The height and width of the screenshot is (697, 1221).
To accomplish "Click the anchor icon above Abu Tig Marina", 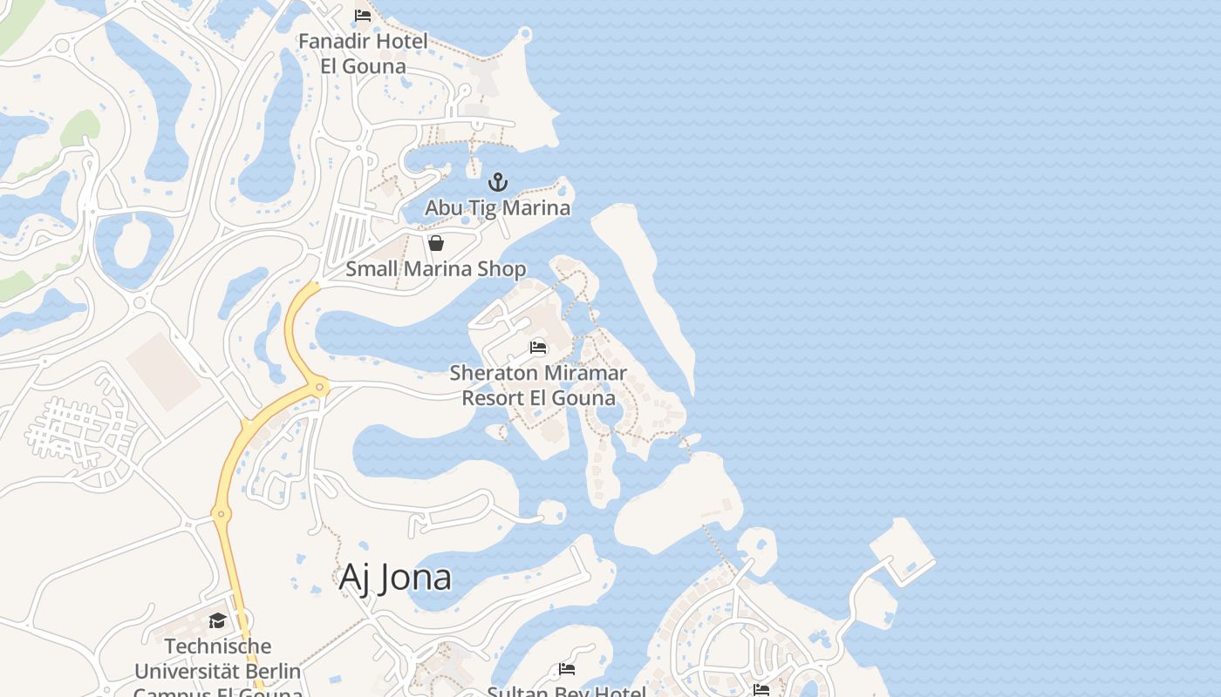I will click(x=497, y=182).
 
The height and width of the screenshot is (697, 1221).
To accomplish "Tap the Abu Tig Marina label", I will click(x=497, y=207).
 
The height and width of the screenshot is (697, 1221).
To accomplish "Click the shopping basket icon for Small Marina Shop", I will click(x=436, y=243).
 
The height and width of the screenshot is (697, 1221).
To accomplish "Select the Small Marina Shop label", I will click(x=435, y=268).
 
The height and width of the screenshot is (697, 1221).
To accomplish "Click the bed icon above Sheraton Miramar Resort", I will click(x=538, y=348).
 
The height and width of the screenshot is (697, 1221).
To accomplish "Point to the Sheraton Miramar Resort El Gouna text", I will click(x=538, y=385).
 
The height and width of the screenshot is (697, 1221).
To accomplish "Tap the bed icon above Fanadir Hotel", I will click(x=363, y=16).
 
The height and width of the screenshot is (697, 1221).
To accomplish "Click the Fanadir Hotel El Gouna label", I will click(x=364, y=53).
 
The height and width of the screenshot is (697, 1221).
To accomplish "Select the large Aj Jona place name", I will click(x=395, y=577).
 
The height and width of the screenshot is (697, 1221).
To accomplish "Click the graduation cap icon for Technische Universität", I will click(x=217, y=620).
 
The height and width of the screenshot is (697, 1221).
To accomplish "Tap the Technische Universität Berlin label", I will click(x=217, y=659).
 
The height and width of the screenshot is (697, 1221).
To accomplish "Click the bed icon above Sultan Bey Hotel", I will click(x=567, y=669).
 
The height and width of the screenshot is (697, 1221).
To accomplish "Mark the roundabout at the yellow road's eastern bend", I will click(x=320, y=386).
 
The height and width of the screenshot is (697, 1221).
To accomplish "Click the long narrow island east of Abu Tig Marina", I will click(x=650, y=288).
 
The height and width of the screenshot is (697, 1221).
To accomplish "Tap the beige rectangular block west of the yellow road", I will click(x=164, y=372).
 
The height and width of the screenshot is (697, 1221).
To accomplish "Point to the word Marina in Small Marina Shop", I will click(x=441, y=268).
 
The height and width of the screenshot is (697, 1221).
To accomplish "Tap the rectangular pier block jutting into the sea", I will click(x=900, y=545).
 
